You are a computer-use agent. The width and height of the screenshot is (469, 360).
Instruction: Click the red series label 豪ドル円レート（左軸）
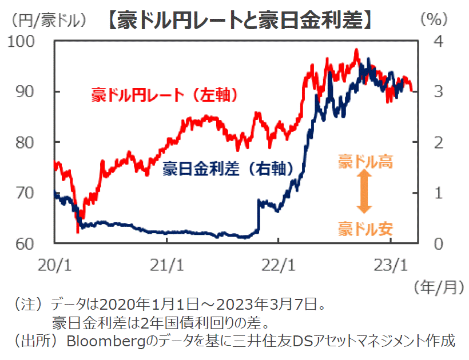click(x=164, y=95)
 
